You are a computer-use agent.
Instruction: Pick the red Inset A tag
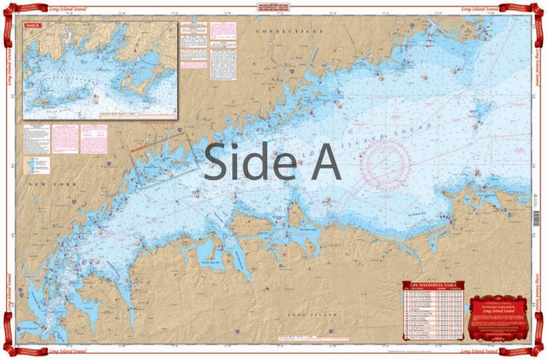point(32,26)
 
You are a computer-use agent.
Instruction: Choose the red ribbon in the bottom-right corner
point(531,349)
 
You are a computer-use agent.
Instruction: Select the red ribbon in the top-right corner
point(531,11)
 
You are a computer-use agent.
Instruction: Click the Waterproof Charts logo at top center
point(273,10)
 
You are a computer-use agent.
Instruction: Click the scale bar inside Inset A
point(135,112)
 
